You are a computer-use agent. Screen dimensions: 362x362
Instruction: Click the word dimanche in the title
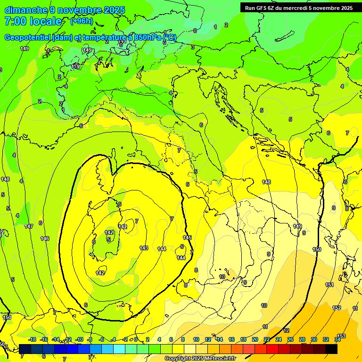point(26,10)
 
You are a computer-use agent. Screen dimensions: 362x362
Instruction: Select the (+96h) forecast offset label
point(82,21)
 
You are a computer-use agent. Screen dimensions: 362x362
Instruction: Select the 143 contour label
point(144,248)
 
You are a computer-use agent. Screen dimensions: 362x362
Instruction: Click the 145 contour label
point(188,238)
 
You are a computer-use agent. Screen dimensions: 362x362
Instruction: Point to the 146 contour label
point(45,239)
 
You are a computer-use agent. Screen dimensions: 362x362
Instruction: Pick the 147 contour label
point(29,227)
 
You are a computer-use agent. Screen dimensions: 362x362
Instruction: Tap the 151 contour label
point(329,285)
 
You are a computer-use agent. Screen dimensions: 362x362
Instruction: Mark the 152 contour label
point(337,308)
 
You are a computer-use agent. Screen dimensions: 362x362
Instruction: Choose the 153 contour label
point(341,336)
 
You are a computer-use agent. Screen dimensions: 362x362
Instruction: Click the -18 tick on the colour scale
point(32,340)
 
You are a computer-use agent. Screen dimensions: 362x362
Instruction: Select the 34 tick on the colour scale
point(337,340)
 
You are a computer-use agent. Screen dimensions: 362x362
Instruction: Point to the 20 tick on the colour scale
point(255,340)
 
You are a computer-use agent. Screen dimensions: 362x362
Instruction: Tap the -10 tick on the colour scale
point(79,340)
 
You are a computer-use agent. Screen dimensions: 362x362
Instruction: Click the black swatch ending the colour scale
point(331,349)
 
